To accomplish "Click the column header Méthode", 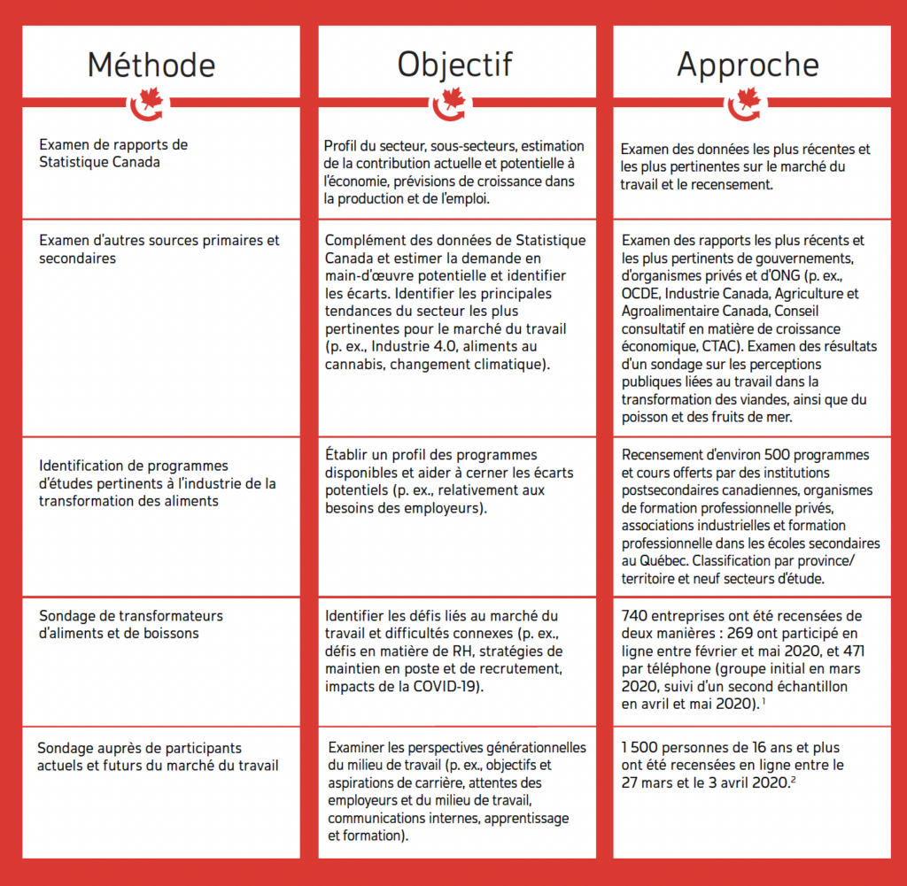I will coord(151,65).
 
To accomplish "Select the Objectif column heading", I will coord(454,65).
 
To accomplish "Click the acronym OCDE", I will coord(640,294).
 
